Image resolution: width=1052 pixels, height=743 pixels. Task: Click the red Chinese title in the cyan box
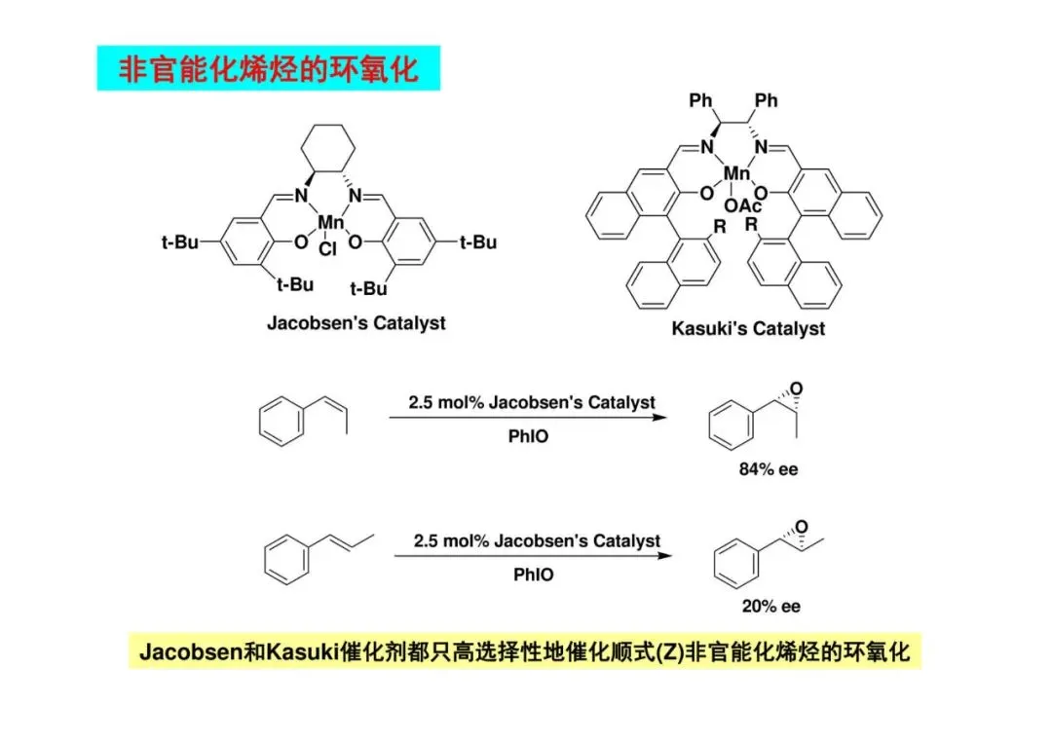point(268,69)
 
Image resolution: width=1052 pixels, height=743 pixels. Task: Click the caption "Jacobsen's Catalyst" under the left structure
point(357,322)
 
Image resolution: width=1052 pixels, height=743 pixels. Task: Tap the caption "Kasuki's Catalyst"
point(748,328)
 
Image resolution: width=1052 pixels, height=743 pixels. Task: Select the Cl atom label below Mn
point(327,249)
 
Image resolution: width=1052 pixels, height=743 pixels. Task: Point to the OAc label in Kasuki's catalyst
point(743,205)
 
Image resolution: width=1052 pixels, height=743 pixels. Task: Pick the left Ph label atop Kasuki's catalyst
point(701,100)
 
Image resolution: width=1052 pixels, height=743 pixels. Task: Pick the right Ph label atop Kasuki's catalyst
point(767,100)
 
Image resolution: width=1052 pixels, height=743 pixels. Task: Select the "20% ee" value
point(770,606)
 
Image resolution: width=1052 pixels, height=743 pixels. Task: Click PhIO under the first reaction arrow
point(528,436)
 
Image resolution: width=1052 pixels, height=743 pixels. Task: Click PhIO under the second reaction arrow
point(533,575)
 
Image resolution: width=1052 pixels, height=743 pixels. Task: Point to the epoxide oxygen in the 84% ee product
point(799,390)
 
